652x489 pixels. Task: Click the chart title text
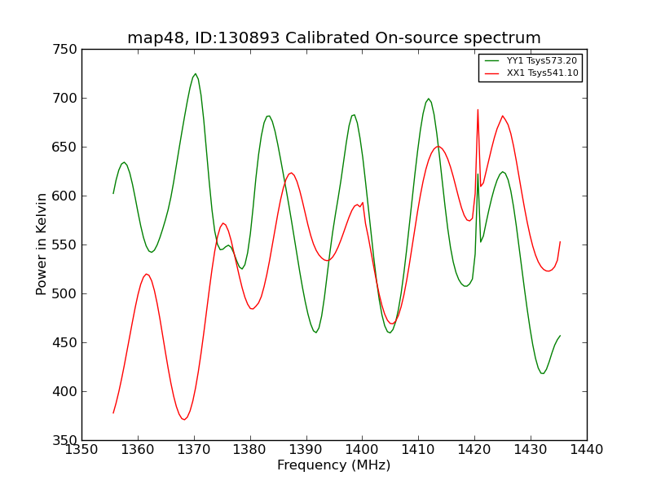(x=334, y=38)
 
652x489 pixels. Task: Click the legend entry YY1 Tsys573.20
(x=542, y=60)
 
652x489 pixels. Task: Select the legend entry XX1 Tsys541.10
(x=542, y=73)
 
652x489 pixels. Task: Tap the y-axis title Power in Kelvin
(x=42, y=244)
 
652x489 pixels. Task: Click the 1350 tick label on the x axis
(x=81, y=450)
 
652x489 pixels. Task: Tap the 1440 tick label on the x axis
(x=587, y=450)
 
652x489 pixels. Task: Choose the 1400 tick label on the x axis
(x=362, y=450)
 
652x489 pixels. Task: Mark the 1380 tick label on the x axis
(x=249, y=450)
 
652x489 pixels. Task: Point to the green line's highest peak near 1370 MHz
(x=195, y=74)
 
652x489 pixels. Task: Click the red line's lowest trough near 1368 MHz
(x=184, y=420)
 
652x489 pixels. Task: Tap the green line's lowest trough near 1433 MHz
(x=542, y=373)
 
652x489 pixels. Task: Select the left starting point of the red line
(x=113, y=412)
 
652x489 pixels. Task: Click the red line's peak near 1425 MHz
(x=503, y=116)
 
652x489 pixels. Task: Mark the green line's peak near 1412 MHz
(x=429, y=99)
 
